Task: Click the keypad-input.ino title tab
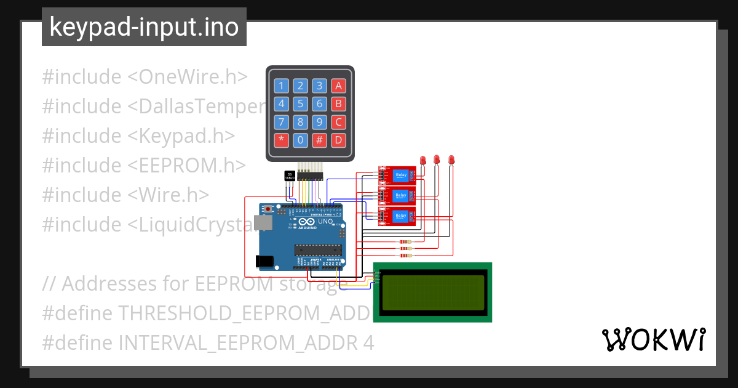point(144,27)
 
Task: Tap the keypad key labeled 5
point(300,103)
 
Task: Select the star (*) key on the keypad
point(281,140)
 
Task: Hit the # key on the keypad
point(319,140)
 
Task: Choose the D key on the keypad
point(338,140)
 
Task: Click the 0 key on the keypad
point(300,140)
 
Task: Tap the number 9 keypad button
point(319,122)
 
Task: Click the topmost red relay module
point(396,175)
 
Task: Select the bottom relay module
point(396,217)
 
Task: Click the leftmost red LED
point(423,160)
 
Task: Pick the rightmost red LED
point(451,160)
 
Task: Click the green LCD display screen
point(432,293)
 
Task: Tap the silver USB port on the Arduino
point(264,222)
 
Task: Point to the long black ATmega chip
point(317,249)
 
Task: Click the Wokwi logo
point(653,339)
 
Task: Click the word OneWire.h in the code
point(194,77)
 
